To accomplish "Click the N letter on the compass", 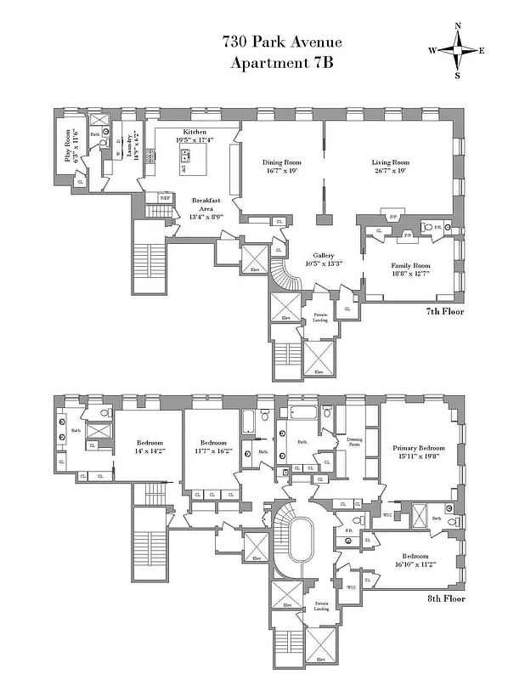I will pyautogui.click(x=458, y=26).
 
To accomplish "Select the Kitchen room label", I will pyautogui.click(x=195, y=133).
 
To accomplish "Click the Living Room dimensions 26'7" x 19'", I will pyautogui.click(x=390, y=171).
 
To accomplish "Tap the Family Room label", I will pyautogui.click(x=409, y=265).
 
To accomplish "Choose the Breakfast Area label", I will pyautogui.click(x=206, y=204).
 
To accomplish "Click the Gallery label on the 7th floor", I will pyautogui.click(x=322, y=255).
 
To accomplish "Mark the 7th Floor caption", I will pyautogui.click(x=445, y=311).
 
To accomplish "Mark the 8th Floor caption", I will pyautogui.click(x=445, y=598).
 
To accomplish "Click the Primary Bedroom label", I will pyautogui.click(x=418, y=447).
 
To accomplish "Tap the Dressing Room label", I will pyautogui.click(x=354, y=441).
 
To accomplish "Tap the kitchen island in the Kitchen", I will pyautogui.click(x=185, y=158).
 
